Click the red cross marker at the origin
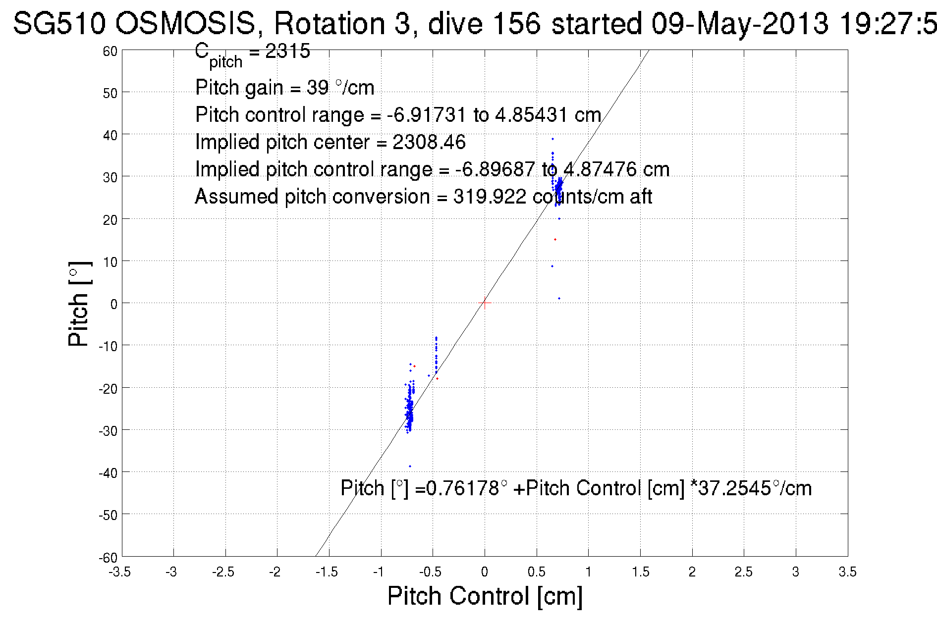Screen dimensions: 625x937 click(485, 303)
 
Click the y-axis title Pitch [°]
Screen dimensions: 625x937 click(79, 304)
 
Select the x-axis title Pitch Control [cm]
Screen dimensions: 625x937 click(485, 596)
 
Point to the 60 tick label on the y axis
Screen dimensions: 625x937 click(110, 52)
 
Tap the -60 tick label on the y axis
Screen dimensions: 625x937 click(108, 558)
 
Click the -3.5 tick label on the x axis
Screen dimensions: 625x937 click(120, 573)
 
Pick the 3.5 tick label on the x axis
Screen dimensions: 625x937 click(847, 573)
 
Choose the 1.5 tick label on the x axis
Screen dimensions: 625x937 click(640, 573)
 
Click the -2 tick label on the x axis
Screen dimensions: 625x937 click(275, 573)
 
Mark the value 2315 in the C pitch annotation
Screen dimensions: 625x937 click(287, 51)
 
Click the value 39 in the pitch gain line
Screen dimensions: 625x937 click(317, 88)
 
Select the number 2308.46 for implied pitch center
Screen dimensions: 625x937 click(429, 143)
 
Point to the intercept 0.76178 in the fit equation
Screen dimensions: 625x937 click(463, 489)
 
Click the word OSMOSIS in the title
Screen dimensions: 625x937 click(185, 23)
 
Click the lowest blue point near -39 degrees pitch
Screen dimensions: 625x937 click(410, 466)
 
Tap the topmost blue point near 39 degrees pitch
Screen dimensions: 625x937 click(553, 139)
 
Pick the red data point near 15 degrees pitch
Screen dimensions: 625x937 click(555, 240)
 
